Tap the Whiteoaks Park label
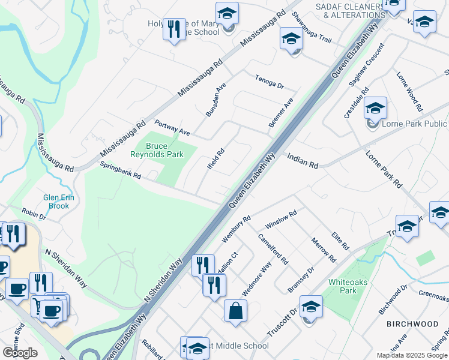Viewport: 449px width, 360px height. (343, 286)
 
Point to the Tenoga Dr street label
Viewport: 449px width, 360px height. (268, 80)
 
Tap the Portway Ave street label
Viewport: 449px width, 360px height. (172, 128)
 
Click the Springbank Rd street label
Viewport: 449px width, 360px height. (120, 172)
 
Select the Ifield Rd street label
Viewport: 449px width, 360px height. (215, 158)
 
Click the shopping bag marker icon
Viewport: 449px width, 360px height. (235, 311)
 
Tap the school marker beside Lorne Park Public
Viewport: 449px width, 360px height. (375, 109)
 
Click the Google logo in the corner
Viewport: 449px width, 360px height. (20, 353)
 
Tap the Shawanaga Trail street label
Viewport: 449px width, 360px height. (312, 27)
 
